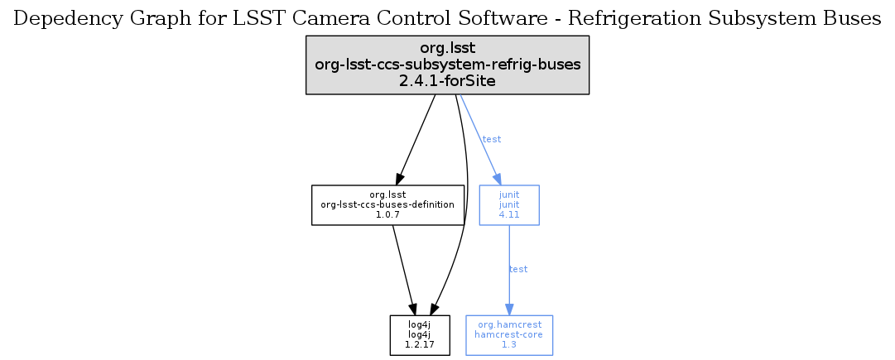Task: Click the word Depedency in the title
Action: click(x=55, y=18)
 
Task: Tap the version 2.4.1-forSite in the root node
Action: click(x=447, y=81)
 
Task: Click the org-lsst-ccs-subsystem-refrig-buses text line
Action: click(x=447, y=65)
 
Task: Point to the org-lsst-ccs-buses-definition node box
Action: click(x=387, y=204)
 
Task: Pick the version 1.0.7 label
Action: click(x=387, y=214)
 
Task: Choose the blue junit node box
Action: click(x=509, y=204)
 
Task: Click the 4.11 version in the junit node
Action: click(x=509, y=214)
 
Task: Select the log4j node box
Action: click(x=420, y=335)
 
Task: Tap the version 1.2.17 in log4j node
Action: click(x=420, y=345)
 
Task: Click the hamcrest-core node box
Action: click(x=509, y=335)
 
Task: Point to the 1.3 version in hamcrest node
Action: click(x=509, y=345)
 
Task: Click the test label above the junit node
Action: click(x=492, y=139)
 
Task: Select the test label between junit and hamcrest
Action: click(x=518, y=270)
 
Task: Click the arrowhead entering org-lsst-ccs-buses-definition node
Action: click(x=398, y=178)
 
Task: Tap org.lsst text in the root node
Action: click(x=447, y=48)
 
